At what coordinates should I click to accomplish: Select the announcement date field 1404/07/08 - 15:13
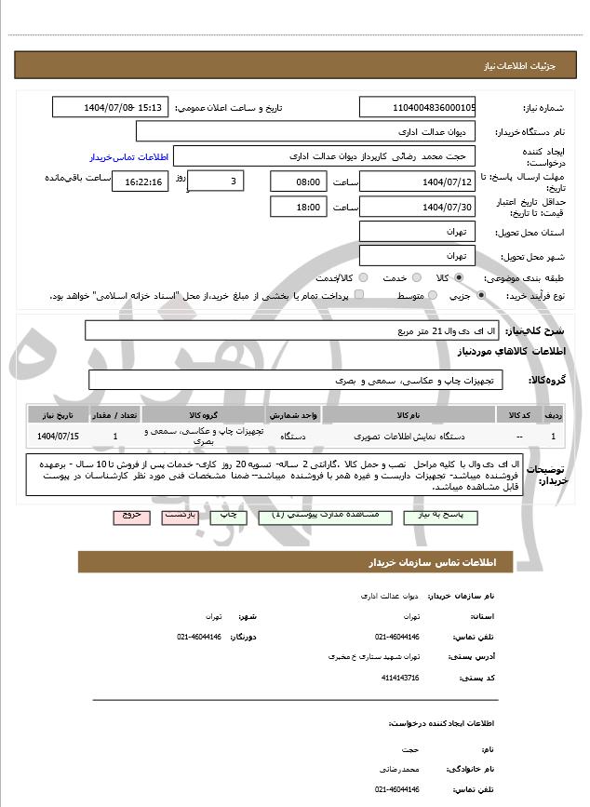coord(111,107)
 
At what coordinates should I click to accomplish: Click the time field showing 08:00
coord(299,181)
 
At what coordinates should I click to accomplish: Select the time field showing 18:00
coord(299,207)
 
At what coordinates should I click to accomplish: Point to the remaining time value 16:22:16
coord(140,181)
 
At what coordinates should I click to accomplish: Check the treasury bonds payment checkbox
coord(359,295)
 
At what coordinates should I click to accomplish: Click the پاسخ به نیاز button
coord(441,515)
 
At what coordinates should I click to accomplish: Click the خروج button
coord(130,515)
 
